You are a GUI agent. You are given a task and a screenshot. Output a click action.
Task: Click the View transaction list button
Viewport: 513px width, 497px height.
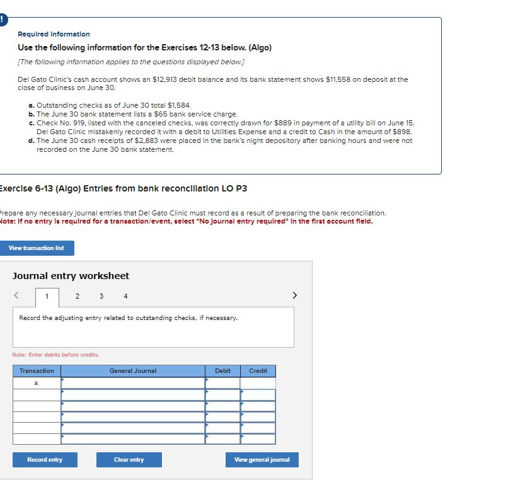(x=37, y=248)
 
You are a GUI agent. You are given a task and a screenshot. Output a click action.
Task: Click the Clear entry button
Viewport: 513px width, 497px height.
(x=129, y=460)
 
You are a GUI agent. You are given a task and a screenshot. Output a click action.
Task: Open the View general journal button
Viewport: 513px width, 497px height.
(x=262, y=460)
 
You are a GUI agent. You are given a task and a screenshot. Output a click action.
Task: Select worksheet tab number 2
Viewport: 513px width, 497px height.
(x=77, y=296)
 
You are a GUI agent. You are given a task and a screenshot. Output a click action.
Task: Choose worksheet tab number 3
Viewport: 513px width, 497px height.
(x=101, y=296)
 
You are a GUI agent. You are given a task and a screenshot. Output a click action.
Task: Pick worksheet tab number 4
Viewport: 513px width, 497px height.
(x=125, y=296)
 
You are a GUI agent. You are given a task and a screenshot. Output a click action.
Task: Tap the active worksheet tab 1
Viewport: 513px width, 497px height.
(x=46, y=297)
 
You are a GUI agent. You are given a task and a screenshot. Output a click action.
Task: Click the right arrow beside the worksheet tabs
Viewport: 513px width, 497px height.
(x=294, y=295)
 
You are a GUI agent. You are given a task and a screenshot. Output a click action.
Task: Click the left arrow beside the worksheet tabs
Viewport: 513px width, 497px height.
(x=17, y=295)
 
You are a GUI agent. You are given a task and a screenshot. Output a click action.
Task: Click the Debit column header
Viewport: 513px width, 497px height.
(x=222, y=371)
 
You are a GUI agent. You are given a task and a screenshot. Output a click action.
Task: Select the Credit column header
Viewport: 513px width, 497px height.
(x=258, y=371)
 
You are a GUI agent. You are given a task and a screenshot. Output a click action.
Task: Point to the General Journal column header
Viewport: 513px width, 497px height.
(x=132, y=371)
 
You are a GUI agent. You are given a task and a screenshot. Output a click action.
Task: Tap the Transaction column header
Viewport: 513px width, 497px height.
(x=37, y=371)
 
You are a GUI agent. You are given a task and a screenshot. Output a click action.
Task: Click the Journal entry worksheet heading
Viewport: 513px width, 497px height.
(x=71, y=276)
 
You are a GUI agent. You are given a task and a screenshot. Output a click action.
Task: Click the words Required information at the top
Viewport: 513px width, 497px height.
(x=54, y=34)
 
